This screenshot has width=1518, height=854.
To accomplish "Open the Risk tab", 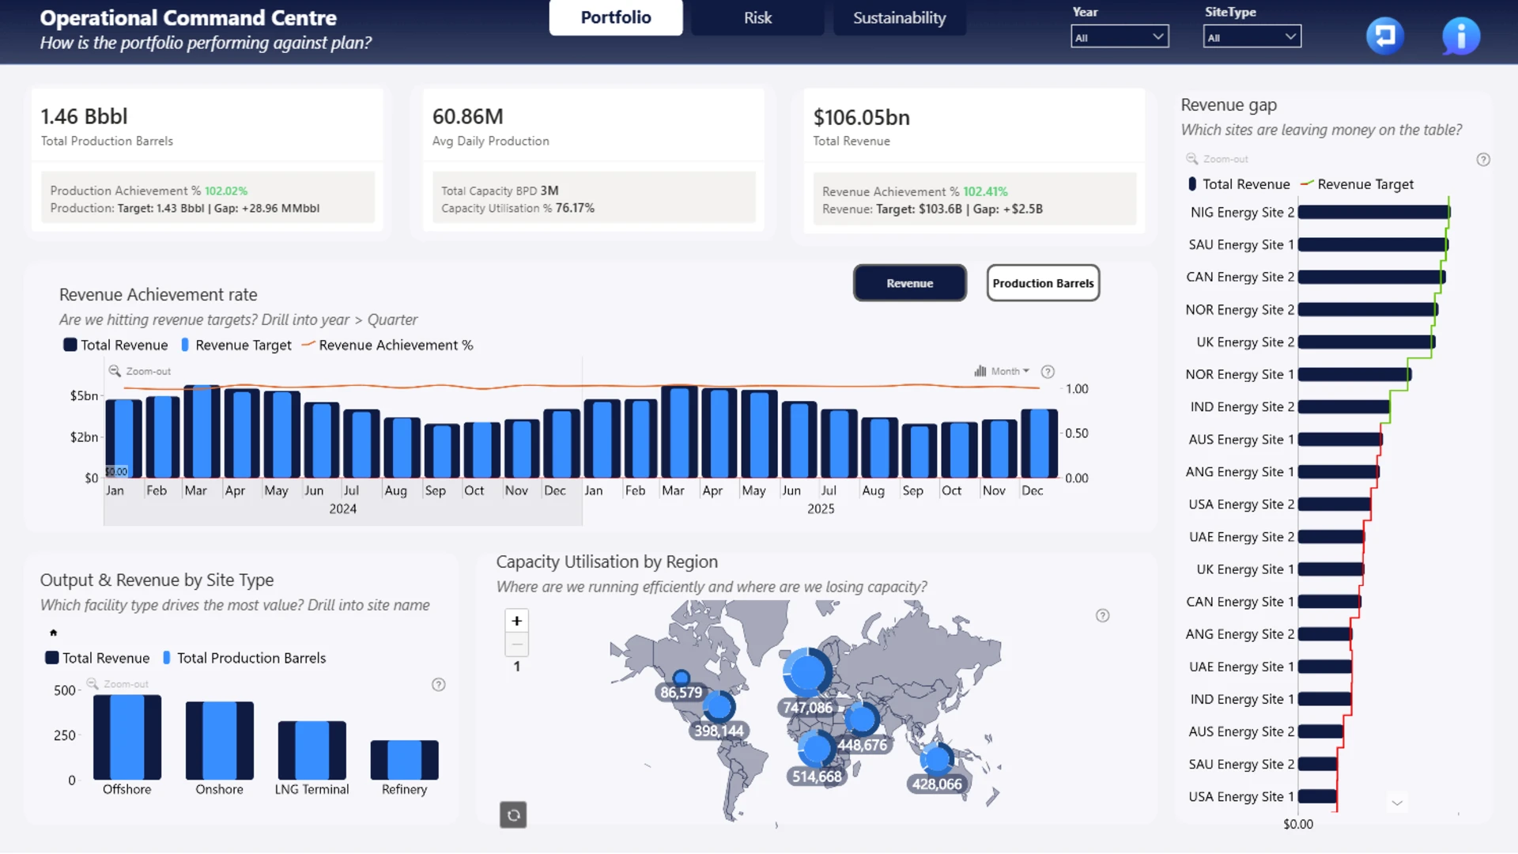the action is [757, 17].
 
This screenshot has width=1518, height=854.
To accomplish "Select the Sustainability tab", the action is [899, 17].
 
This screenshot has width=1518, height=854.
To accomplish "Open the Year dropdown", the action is [1120, 36].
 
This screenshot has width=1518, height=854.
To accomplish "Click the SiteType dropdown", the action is [1252, 36].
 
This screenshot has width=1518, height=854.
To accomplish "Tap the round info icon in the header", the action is [1460, 36].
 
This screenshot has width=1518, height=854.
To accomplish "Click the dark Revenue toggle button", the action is [909, 283].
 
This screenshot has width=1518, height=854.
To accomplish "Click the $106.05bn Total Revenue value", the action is [861, 117].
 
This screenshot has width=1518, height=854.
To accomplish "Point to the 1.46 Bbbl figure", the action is [84, 116].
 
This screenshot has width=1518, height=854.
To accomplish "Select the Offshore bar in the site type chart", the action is [126, 737].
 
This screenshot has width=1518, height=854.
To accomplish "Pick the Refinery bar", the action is [404, 760].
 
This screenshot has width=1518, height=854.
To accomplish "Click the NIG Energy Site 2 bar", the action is [1374, 212].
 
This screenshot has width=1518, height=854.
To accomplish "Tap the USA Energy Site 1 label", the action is [1241, 796].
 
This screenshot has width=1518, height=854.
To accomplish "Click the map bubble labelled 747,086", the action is [806, 672].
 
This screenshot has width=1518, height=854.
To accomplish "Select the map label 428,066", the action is [937, 784].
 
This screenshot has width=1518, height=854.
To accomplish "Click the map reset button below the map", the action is [513, 814].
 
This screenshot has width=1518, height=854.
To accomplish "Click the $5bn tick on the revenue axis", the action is [84, 395].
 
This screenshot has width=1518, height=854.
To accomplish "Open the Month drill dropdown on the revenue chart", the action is [1003, 371].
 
